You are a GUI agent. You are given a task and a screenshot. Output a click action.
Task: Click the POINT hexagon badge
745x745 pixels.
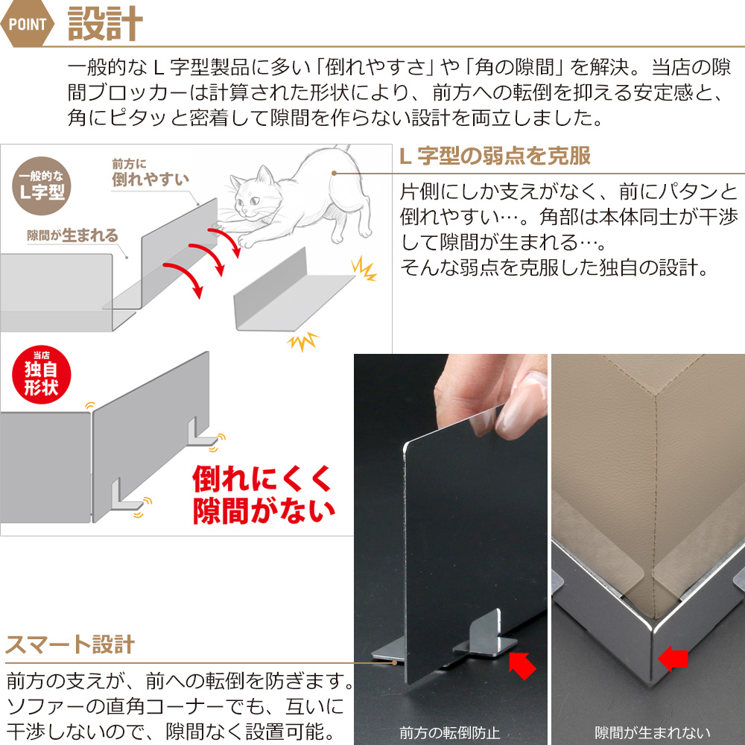pyautogui.click(x=27, y=23)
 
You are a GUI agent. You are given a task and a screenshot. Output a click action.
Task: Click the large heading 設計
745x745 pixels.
pyautogui.click(x=105, y=23)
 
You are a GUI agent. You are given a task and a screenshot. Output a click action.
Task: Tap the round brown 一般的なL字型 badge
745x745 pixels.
pyautogui.click(x=42, y=186)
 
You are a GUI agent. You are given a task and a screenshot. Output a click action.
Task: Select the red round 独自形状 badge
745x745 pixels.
pyautogui.click(x=41, y=375)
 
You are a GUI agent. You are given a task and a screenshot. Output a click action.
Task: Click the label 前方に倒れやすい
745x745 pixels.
pyautogui.click(x=150, y=173)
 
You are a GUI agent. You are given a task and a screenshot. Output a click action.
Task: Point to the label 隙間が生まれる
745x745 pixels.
pyautogui.click(x=72, y=235)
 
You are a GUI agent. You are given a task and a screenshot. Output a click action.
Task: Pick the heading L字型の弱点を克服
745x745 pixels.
pyautogui.click(x=495, y=156)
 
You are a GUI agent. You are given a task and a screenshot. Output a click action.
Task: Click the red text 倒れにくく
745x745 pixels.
pyautogui.click(x=261, y=478)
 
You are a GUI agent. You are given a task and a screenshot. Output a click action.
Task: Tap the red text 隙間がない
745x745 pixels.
pyautogui.click(x=264, y=510)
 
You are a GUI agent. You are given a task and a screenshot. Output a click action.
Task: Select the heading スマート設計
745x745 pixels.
pyautogui.click(x=70, y=644)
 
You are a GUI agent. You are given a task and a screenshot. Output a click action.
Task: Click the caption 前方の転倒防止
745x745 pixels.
pyautogui.click(x=449, y=732)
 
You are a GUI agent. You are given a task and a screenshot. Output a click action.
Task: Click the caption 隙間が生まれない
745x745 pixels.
pyautogui.click(x=653, y=732)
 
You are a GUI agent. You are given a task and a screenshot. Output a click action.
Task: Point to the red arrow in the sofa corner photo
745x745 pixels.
pyautogui.click(x=673, y=659)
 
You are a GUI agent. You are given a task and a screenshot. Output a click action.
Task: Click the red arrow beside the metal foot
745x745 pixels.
pyautogui.click(x=522, y=665)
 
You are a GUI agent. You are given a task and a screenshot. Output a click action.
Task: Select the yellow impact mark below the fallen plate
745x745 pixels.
pyautogui.click(x=302, y=340)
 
